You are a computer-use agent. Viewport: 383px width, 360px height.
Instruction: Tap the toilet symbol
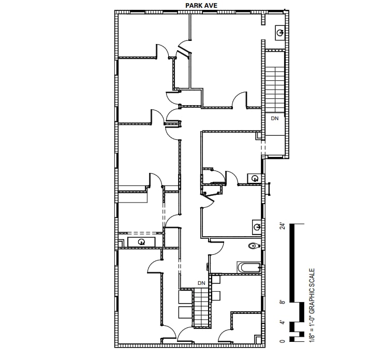point(254,246)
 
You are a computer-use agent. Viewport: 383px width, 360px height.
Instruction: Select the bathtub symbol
point(249,268)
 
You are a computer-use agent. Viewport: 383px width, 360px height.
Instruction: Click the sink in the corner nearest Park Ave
point(279,33)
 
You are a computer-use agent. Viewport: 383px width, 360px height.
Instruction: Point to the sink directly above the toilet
point(257,226)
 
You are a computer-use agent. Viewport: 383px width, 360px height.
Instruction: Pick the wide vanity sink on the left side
point(141,241)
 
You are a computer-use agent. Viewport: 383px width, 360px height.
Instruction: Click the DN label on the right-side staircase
point(275,119)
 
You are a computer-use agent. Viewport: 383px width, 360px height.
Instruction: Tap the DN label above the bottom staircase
point(201,283)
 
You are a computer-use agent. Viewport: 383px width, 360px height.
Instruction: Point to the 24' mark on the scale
point(282,226)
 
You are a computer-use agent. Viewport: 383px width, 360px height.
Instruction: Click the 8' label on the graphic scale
point(282,301)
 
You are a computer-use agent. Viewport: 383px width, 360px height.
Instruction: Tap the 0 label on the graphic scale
point(282,340)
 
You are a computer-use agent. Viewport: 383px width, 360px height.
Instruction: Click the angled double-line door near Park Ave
point(184,51)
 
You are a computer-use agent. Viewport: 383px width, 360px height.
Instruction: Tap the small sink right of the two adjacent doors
point(254,179)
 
